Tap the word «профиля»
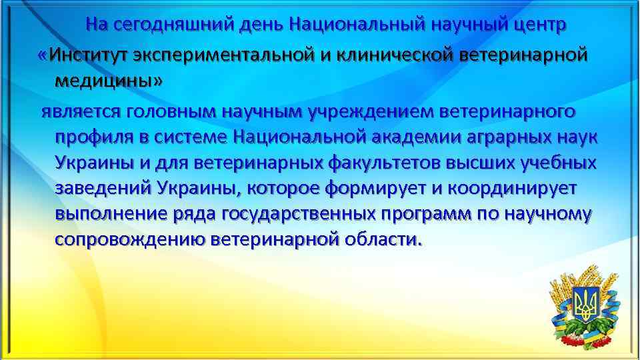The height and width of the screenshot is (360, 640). (x=91, y=137)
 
